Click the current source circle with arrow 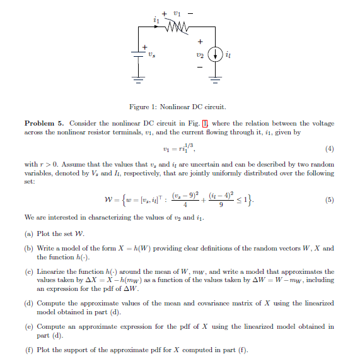coord(215,55)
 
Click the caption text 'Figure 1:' coord(141,107)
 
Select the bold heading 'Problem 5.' coord(44,122)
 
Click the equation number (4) coord(329,150)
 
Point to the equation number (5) coord(329,201)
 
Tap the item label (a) coord(29,233)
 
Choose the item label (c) coord(29,271)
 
